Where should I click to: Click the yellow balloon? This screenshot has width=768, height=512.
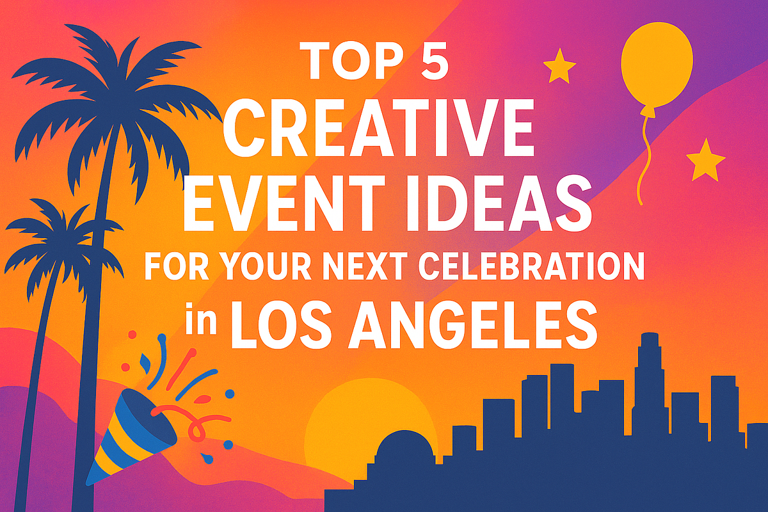657,65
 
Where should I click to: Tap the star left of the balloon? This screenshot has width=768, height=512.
559,67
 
